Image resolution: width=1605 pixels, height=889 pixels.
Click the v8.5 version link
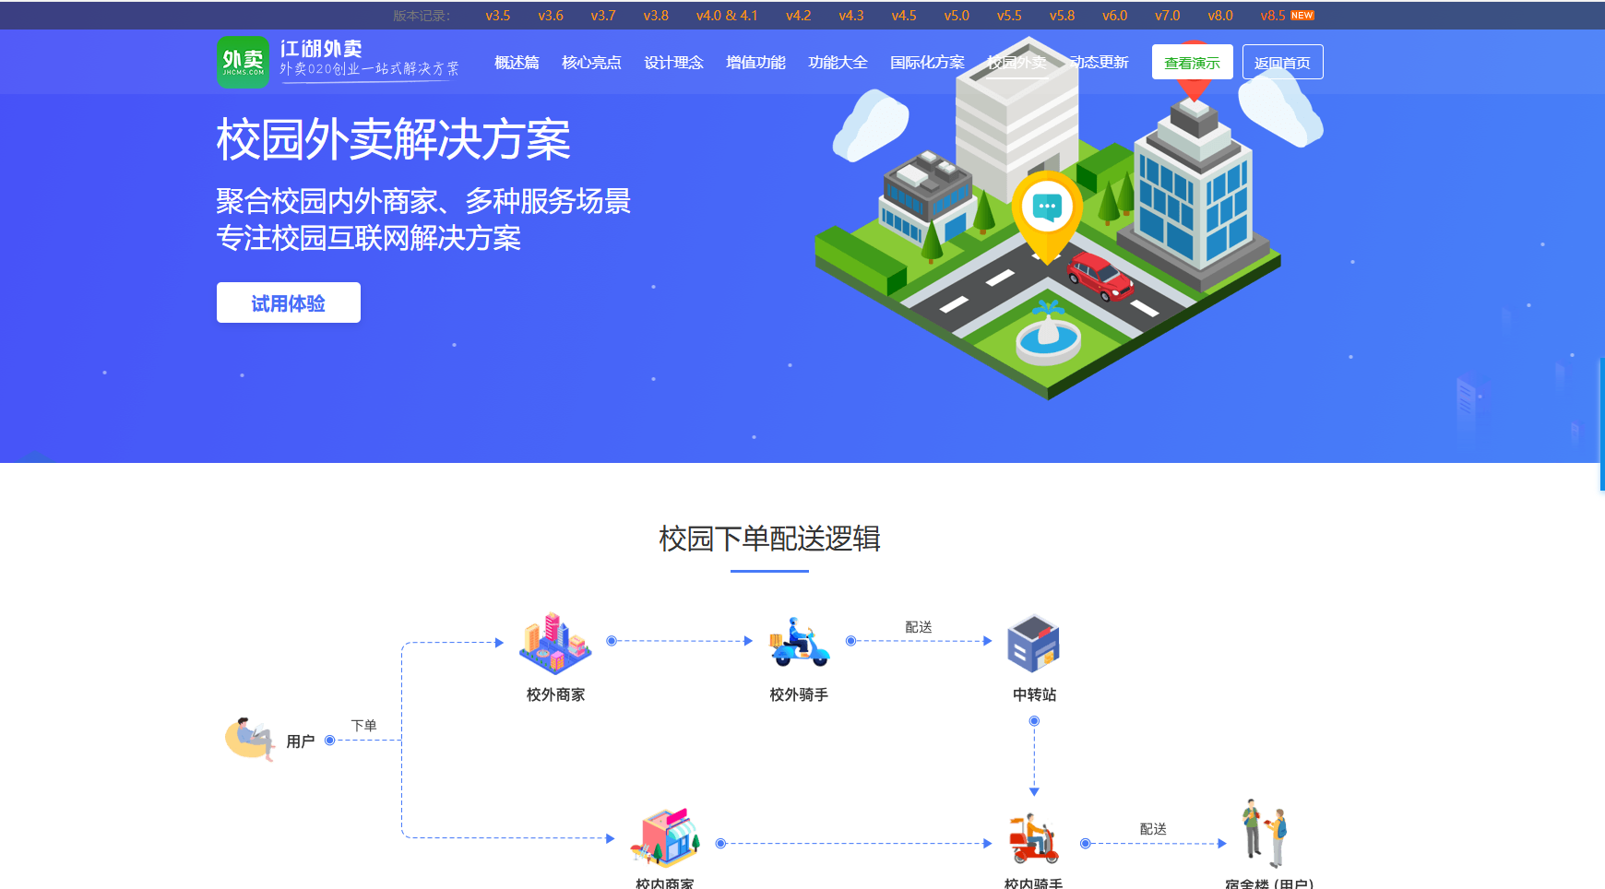pyautogui.click(x=1273, y=16)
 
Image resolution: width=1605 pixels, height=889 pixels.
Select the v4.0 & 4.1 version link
pyautogui.click(x=726, y=16)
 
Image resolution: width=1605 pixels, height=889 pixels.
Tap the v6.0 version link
pyautogui.click(x=1114, y=16)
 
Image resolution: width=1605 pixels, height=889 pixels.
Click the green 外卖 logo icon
pyautogui.click(x=243, y=63)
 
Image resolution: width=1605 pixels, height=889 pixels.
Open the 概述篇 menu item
pyautogui.click(x=517, y=63)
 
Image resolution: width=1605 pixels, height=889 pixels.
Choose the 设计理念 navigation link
pyautogui.click(x=673, y=63)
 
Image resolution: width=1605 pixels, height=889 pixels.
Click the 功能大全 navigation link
pyautogui.click(x=838, y=63)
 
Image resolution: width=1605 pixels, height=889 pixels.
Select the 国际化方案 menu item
pyautogui.click(x=927, y=63)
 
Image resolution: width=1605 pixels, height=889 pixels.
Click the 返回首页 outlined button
pyautogui.click(x=1282, y=63)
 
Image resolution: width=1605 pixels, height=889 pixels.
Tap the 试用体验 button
pyautogui.click(x=288, y=303)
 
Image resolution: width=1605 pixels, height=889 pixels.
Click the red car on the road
pyautogui.click(x=1100, y=276)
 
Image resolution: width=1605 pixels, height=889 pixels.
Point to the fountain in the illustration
pyautogui.click(x=1048, y=336)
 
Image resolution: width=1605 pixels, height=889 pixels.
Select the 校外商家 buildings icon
pyautogui.click(x=554, y=643)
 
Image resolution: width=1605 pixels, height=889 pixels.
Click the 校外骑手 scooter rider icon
pyautogui.click(x=799, y=642)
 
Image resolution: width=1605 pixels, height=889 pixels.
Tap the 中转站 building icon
pyautogui.click(x=1034, y=643)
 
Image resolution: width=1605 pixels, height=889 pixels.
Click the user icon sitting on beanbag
pyautogui.click(x=250, y=739)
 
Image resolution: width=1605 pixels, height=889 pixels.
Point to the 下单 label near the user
pyautogui.click(x=363, y=726)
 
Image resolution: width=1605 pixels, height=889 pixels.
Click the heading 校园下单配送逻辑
pyautogui.click(x=769, y=539)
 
